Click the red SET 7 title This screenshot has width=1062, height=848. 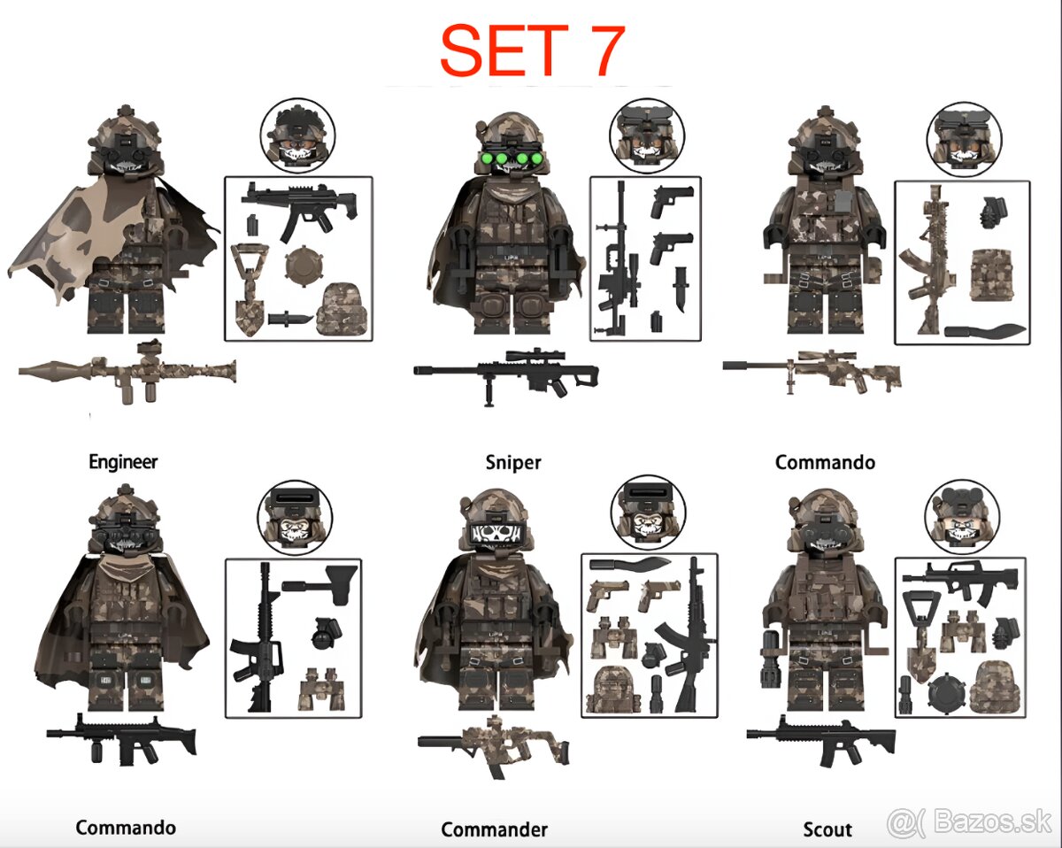point(532,50)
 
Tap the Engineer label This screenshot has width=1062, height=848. point(123,461)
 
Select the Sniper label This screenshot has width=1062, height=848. point(513,462)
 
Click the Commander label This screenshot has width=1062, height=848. point(494,829)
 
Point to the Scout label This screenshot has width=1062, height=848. point(827,829)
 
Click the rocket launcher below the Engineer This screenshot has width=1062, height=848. point(127,370)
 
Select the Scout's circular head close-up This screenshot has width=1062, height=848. point(960,517)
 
